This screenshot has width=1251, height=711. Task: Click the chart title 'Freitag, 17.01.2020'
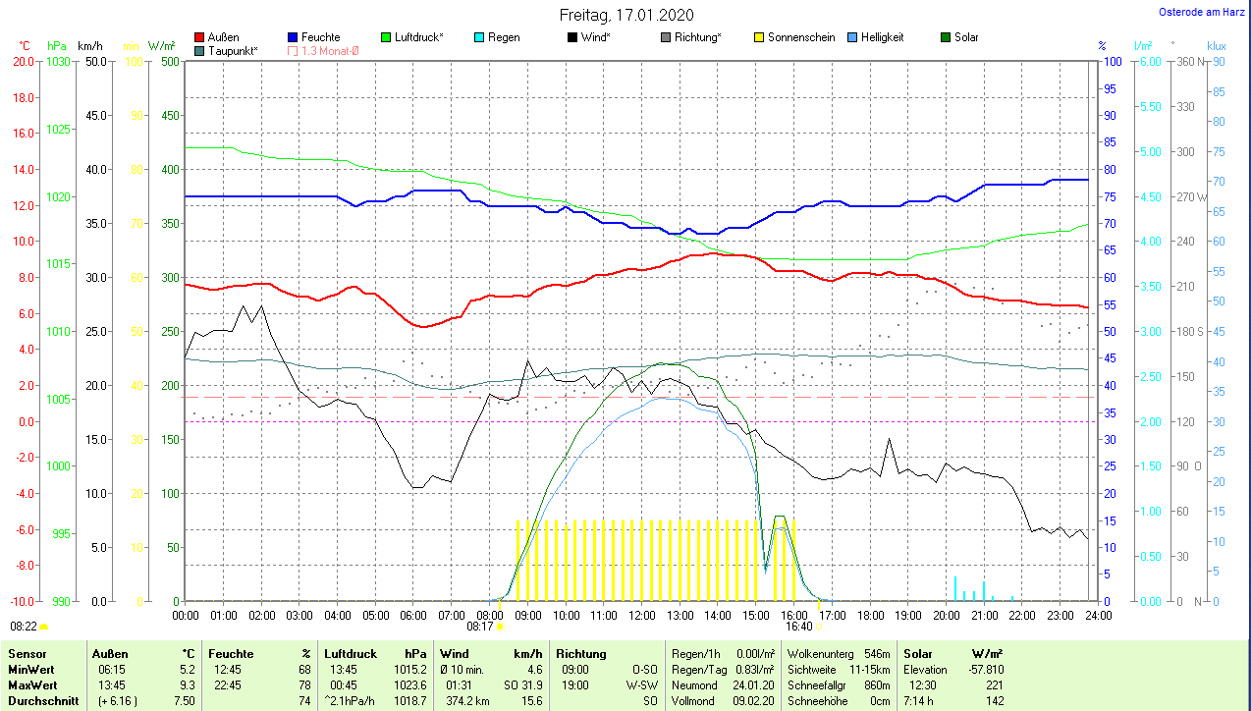point(625,15)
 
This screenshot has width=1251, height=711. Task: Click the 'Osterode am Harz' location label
point(1201,12)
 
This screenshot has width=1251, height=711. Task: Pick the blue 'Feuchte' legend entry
point(313,37)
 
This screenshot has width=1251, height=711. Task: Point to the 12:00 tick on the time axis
point(641,615)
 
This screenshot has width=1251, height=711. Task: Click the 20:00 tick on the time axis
point(946,615)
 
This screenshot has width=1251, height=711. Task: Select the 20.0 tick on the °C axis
point(23,61)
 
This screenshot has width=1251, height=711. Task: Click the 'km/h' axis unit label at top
point(89,46)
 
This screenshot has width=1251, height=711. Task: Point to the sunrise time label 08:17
point(479,626)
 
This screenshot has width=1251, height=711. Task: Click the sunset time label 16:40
point(798,626)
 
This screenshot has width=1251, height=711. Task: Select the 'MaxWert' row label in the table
point(31,684)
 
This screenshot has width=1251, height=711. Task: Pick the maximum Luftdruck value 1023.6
point(410,684)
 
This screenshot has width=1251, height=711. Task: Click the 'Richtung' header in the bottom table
point(580,653)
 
